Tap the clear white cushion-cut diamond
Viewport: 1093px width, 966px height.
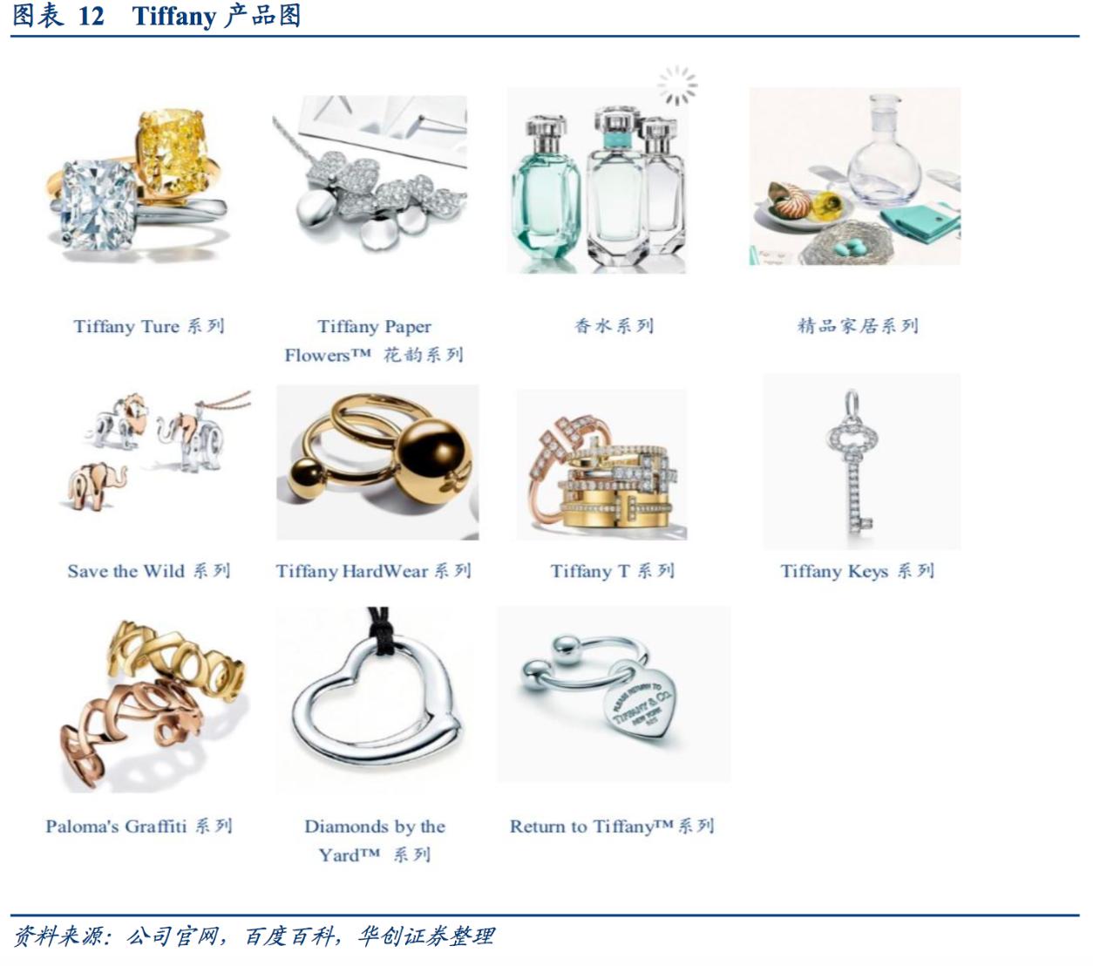click(x=98, y=205)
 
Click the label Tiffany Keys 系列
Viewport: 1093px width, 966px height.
click(x=857, y=571)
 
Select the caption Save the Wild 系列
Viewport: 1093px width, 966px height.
click(x=149, y=571)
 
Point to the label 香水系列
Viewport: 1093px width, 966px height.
click(x=614, y=326)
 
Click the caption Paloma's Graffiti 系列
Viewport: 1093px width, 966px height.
click(x=139, y=827)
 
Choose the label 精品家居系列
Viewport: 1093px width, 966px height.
click(x=858, y=326)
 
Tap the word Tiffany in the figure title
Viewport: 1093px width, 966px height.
click(x=173, y=17)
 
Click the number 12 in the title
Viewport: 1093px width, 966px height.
click(x=91, y=17)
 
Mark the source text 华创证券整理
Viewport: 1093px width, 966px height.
click(x=425, y=935)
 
